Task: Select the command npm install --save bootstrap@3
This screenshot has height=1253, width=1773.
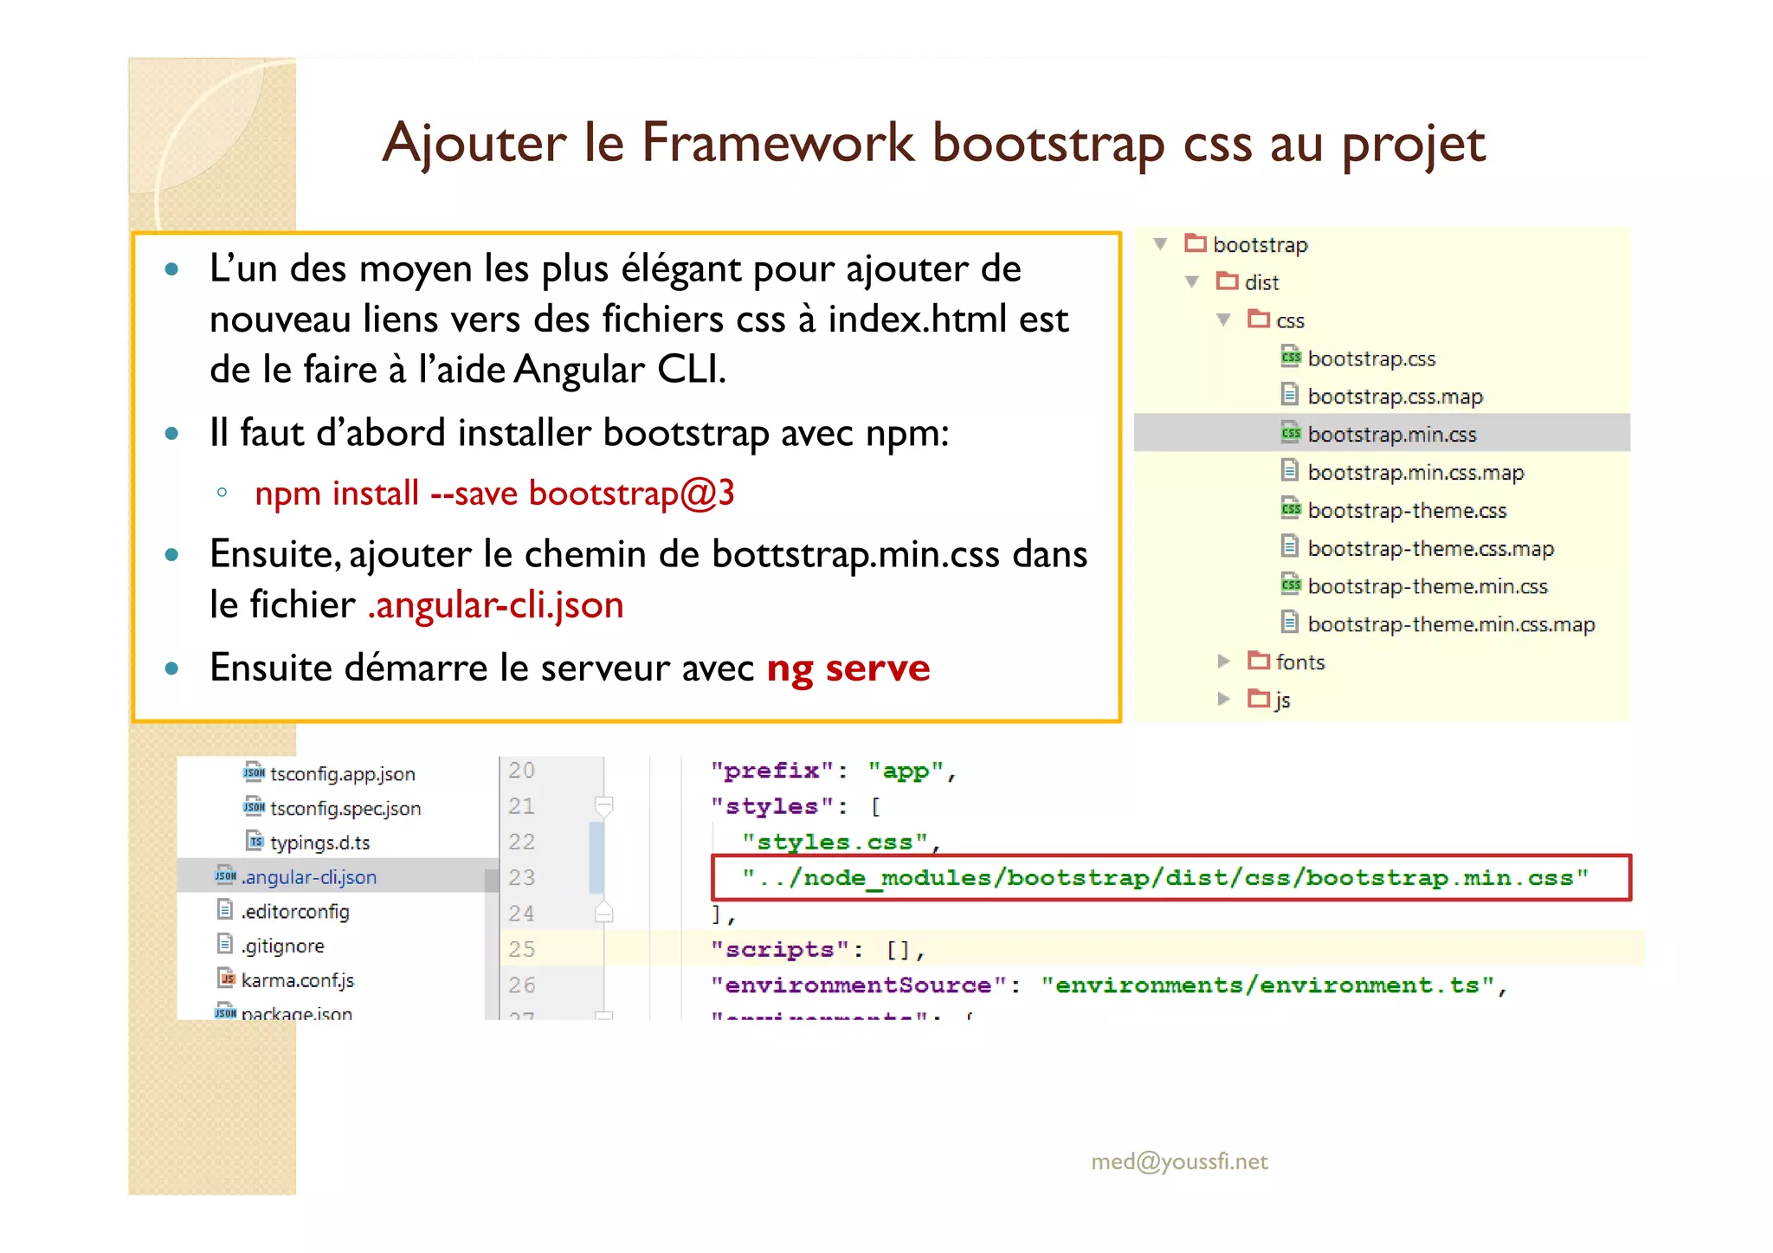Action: coord(494,494)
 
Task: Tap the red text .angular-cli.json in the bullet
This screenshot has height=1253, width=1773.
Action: coord(495,604)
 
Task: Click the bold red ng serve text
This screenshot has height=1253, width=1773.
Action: coord(848,668)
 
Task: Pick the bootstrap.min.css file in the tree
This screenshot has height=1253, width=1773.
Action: coord(1391,434)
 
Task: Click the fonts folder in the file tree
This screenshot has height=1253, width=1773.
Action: coord(1299,662)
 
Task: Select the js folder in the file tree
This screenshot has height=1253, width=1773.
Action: coord(1281,700)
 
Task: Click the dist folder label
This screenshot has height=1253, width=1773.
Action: coord(1260,282)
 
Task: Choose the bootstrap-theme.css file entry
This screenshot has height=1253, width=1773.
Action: coord(1407,510)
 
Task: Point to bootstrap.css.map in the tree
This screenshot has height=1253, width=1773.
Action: coord(1395,397)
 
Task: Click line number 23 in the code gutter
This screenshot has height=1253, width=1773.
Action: coord(521,878)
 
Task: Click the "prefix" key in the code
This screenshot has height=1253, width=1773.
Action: coord(772,771)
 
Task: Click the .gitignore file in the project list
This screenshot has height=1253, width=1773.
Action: coord(282,946)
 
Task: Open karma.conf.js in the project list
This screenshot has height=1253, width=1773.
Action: coord(297,980)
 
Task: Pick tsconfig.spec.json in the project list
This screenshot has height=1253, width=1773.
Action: coord(345,808)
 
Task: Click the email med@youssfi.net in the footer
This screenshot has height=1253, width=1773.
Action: coord(1179,1161)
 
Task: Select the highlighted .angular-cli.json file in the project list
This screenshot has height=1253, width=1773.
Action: coord(308,877)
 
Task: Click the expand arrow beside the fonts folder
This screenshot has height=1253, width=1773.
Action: coord(1223,662)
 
